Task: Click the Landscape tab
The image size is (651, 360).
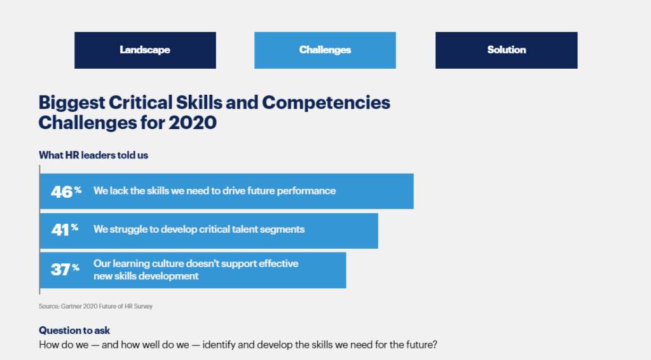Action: [145, 50]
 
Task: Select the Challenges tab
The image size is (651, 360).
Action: [325, 50]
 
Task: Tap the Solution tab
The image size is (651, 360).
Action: [507, 50]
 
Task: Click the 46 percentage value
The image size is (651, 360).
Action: [66, 192]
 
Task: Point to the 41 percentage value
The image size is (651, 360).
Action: [65, 230]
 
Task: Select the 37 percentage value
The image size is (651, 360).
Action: [65, 270]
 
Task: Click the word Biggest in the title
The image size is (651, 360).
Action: [71, 103]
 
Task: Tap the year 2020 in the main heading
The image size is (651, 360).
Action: [193, 123]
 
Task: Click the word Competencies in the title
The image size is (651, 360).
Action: [326, 103]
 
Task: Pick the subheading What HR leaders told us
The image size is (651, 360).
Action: [93, 155]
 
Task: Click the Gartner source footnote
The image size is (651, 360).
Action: [95, 307]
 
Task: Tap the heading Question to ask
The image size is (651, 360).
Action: [74, 331]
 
